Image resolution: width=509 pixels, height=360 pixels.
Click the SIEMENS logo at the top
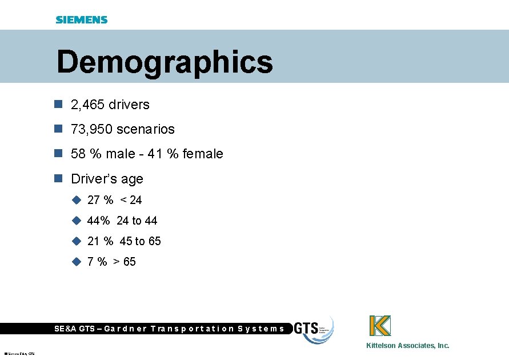coord(81,19)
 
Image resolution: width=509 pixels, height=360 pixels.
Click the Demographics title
coord(165,62)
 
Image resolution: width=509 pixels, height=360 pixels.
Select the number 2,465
coord(87,105)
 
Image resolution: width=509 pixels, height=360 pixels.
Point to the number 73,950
coord(91,129)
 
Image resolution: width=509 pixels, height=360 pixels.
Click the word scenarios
coord(146,129)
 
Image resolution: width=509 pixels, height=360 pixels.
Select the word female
coord(203,154)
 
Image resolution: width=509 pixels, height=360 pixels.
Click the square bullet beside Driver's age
coord(57,178)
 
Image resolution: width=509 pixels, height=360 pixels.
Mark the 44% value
coord(98,221)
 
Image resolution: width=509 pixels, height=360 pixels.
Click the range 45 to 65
coord(140,241)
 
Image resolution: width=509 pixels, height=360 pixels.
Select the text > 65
coord(124,262)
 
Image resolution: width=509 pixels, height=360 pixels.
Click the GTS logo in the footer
coord(313,330)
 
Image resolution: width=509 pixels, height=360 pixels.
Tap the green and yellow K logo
coord(380,326)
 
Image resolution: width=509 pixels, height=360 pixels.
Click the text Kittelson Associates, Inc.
coord(407,345)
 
